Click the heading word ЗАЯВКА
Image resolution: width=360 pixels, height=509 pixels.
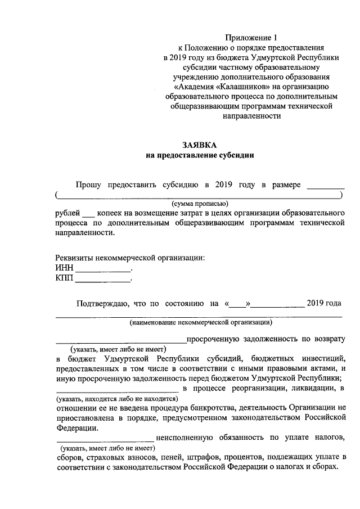coord(199,144)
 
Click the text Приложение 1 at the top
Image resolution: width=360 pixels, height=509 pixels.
coord(251,38)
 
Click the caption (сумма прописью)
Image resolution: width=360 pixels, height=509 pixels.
coord(200,204)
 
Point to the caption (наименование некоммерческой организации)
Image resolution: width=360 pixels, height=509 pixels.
coord(201,323)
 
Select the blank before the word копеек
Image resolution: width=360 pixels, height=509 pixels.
coord(89,214)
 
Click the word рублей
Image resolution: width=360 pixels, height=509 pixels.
coord(67,214)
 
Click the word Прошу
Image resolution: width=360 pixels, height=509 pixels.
coord(88,184)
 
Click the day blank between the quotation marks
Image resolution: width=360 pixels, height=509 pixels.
coord(238,305)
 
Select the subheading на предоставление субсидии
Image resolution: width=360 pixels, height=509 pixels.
coord(200,155)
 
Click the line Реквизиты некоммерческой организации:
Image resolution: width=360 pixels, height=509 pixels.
coord(130,258)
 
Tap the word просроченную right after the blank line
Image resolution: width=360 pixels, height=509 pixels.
coord(214,339)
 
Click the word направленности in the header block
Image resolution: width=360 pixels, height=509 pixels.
coord(253,115)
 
